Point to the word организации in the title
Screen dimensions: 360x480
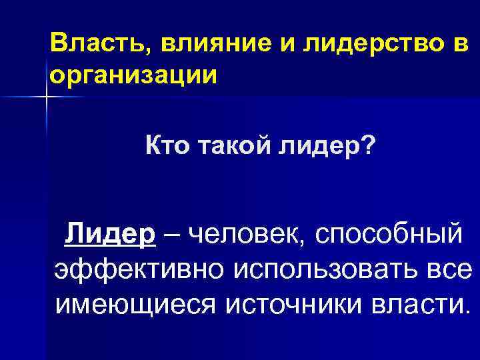[133, 74]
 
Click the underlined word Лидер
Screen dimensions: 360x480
[110, 235]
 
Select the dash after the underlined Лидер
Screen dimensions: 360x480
[172, 236]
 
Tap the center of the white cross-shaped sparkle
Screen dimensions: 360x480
[47, 97]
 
